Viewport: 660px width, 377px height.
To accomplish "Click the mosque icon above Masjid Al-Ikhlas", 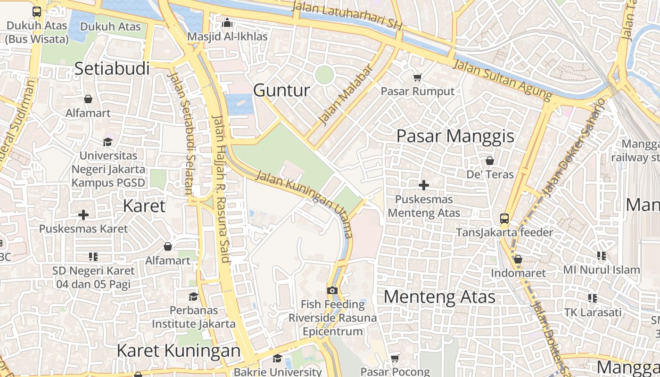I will (227, 22).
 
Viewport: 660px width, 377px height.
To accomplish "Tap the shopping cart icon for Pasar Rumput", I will (417, 77).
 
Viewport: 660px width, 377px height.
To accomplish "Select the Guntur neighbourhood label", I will (281, 90).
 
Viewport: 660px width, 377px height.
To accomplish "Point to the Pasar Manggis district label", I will (455, 136).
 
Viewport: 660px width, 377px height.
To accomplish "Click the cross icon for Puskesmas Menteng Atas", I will (424, 185).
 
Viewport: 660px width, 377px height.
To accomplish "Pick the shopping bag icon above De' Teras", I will (490, 161).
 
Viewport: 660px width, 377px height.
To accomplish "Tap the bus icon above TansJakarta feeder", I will (504, 218).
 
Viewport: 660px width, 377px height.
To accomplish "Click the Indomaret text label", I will (518, 273).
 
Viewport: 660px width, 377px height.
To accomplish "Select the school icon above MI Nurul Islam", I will (602, 256).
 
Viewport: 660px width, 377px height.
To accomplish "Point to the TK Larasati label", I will (593, 312).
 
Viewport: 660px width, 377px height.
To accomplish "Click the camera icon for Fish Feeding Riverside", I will (332, 290).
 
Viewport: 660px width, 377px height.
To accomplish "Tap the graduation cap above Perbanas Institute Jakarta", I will (193, 296).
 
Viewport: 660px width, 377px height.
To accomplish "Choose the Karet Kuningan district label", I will (178, 351).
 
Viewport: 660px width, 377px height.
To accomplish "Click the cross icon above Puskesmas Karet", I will (83, 215).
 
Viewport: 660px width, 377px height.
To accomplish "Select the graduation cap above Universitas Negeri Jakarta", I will (108, 142).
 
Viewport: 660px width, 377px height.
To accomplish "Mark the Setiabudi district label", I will (112, 68).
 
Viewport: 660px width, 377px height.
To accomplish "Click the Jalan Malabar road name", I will (346, 94).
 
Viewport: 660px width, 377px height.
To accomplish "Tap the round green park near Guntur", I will (324, 75).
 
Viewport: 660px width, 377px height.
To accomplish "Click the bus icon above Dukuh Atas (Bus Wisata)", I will (37, 12).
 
